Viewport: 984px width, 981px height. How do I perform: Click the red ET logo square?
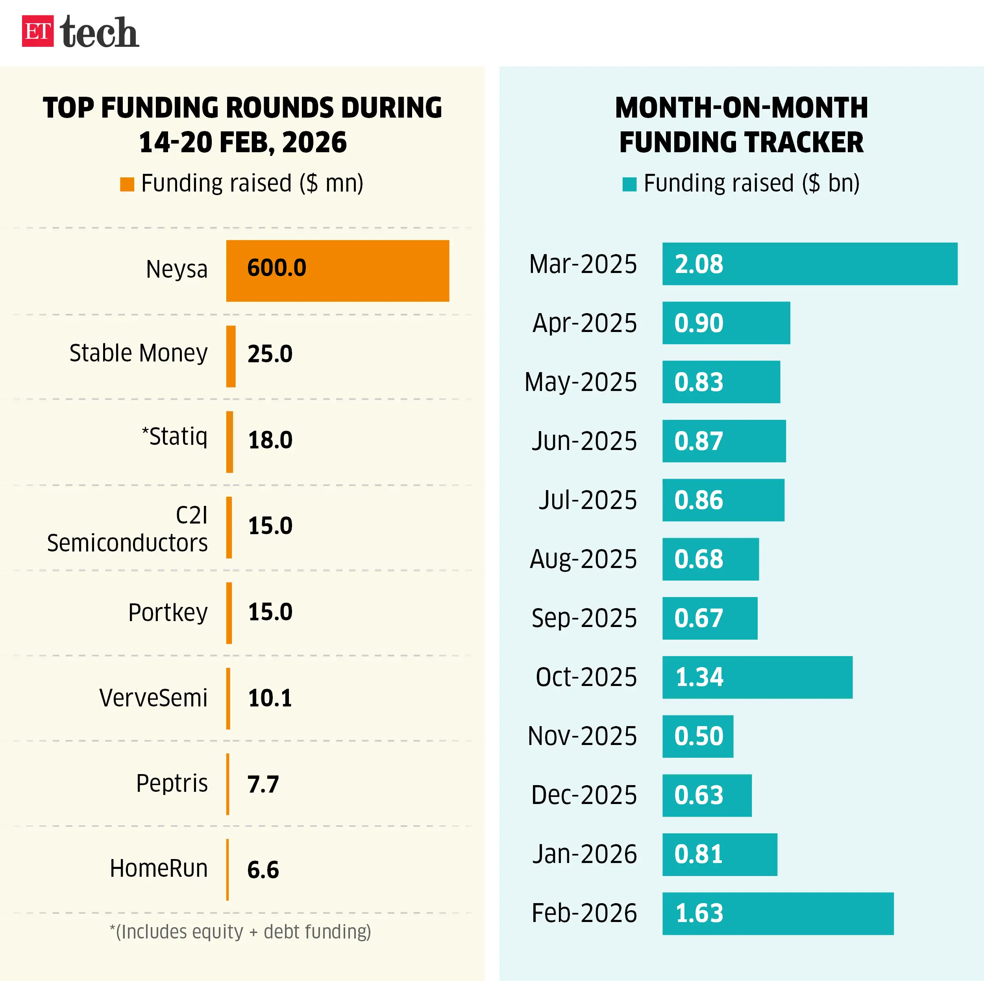37,31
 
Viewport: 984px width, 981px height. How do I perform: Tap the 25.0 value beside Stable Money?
270,354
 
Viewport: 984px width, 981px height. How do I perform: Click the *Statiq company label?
174,436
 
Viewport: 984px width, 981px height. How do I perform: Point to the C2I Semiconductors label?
127,529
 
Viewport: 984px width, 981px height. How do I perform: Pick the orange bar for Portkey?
229,612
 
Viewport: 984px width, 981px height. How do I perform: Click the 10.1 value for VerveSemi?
270,698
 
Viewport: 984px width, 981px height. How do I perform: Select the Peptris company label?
172,783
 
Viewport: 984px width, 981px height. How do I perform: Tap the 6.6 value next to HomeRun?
263,870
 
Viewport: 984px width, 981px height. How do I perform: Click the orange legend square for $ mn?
127,184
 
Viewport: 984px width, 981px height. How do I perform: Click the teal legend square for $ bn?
629,184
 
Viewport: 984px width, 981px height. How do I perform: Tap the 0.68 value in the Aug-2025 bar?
698,559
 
